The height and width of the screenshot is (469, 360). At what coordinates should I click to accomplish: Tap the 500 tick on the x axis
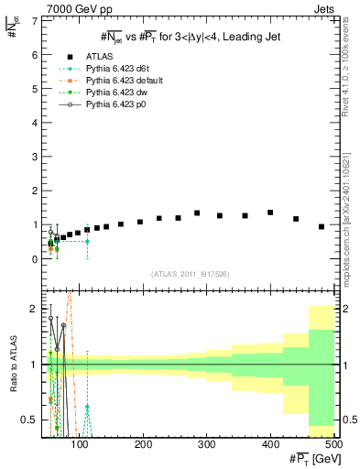(x=335, y=445)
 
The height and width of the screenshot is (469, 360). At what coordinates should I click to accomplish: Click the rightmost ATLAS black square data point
(x=322, y=226)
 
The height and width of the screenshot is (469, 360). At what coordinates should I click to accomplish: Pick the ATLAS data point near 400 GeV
(x=270, y=213)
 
